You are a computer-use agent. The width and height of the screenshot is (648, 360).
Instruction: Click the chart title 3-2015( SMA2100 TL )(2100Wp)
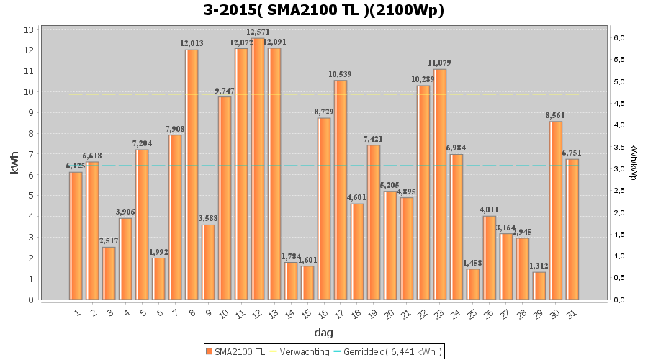tap(324, 10)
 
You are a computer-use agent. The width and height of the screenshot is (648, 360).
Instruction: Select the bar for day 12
tap(258, 169)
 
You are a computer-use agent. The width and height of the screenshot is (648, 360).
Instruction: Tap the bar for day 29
tap(539, 286)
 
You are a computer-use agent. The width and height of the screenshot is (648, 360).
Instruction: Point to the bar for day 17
tap(341, 190)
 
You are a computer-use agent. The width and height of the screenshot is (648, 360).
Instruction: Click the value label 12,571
tap(258, 32)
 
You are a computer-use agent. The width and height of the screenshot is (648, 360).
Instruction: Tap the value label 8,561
tap(555, 115)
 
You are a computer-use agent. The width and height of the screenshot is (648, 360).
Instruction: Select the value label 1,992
tap(158, 252)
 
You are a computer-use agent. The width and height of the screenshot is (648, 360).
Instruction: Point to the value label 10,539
tap(341, 74)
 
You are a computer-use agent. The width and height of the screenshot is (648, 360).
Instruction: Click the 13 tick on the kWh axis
tap(30, 30)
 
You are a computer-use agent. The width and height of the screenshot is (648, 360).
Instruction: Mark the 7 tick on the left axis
tap(31, 154)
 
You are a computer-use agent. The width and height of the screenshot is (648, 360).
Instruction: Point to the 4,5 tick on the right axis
tap(618, 103)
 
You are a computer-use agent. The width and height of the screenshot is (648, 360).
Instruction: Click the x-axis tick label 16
tap(323, 312)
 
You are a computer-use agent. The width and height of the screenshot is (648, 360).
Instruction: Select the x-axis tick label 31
tap(572, 312)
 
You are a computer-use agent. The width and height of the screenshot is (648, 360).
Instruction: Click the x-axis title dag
tap(324, 333)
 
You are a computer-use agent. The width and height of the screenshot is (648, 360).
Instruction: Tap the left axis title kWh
tap(14, 164)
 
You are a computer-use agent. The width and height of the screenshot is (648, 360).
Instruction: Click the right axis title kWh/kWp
tap(633, 162)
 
